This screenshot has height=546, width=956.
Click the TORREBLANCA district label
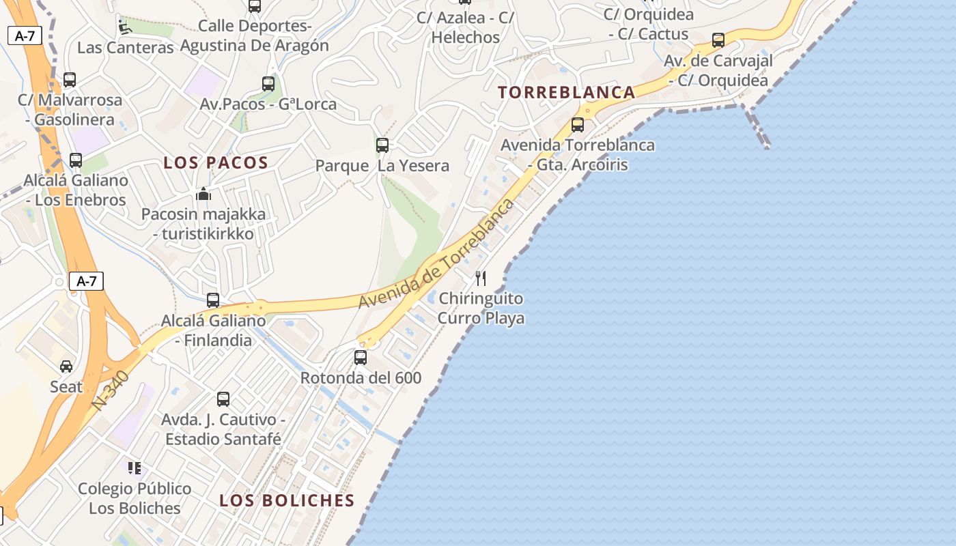pos(567,92)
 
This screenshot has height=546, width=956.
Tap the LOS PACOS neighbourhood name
pos(216,162)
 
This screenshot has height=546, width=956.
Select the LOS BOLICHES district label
pos(287,500)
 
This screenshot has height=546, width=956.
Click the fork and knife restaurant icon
pos(481,278)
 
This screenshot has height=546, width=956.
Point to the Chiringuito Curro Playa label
pos(481,308)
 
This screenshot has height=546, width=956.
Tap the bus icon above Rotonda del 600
pos(361,357)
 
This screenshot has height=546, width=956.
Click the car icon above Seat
pos(66,367)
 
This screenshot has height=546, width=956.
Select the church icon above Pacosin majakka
pos(203,195)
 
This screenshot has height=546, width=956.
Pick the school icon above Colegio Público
pos(135,468)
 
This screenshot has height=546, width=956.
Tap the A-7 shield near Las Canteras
pos(25,36)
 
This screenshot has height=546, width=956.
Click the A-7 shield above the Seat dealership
pos(86,281)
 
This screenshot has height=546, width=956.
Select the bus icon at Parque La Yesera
pos(382,145)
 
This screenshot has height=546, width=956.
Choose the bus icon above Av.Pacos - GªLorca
pos(268,84)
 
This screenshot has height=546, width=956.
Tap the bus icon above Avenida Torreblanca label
pos(578,125)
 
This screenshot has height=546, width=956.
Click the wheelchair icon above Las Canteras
pos(124,27)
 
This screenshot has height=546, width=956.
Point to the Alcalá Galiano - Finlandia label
pos(213,330)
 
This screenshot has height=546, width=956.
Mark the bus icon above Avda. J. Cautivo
pos(223,399)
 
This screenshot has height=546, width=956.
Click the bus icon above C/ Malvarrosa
pos(70,80)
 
